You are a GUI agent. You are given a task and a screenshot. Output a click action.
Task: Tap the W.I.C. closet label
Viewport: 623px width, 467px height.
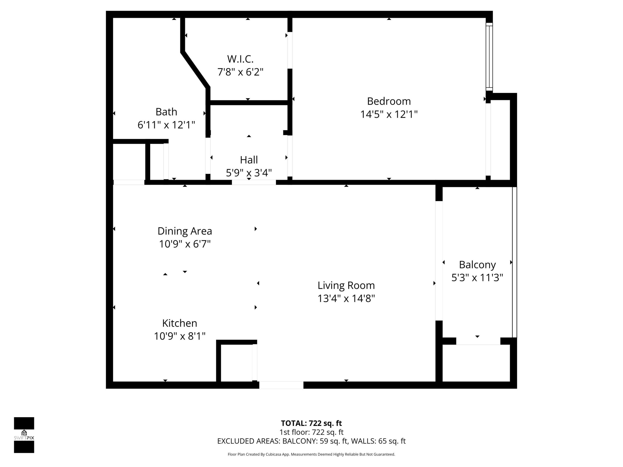pos(240,59)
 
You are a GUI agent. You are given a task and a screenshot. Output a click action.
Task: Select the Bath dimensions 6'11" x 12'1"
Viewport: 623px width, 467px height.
pos(166,125)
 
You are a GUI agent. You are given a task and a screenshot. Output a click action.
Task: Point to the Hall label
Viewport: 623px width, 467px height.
pos(249,160)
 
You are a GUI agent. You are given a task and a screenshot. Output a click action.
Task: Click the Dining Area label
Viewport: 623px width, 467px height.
pos(185,231)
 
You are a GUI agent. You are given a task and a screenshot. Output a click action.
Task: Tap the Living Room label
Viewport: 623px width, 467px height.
pos(346,285)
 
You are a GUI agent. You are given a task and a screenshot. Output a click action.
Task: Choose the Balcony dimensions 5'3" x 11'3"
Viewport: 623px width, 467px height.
pos(477,278)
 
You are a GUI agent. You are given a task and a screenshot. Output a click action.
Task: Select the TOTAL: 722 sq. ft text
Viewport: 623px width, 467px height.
pos(311,423)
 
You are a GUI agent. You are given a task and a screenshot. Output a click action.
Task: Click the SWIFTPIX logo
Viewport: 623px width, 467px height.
pos(24,435)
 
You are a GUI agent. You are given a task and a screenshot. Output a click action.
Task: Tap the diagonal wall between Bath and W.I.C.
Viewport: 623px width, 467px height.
pos(195,69)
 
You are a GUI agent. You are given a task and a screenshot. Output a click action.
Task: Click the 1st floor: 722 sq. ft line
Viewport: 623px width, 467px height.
pos(311,432)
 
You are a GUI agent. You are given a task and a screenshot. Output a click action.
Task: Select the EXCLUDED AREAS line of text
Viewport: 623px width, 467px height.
pos(311,441)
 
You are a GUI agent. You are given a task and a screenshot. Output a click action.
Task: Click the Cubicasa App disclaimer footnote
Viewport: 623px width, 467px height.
pos(311,454)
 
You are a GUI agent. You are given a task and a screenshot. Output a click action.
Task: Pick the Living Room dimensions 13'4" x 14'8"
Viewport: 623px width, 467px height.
pos(346,298)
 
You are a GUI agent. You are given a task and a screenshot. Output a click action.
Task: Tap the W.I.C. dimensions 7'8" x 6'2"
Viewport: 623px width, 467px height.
pos(240,72)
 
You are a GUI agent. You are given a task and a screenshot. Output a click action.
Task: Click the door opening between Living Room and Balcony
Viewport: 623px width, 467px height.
pos(439,261)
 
